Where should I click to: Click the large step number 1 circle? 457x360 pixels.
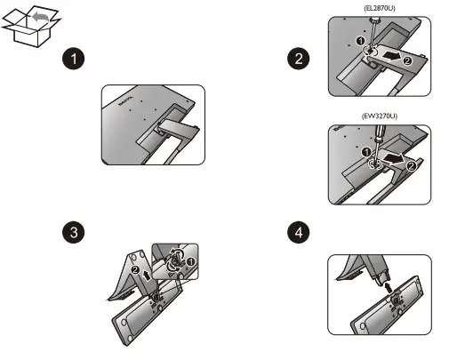click(x=74, y=59)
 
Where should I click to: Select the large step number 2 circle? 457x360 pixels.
click(x=299, y=59)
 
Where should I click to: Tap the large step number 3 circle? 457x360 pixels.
click(x=74, y=232)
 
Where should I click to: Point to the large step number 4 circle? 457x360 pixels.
click(x=299, y=232)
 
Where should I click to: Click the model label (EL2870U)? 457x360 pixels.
click(x=380, y=8)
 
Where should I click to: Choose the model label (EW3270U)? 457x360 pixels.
click(x=380, y=116)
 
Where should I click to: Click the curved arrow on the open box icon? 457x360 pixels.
click(x=41, y=17)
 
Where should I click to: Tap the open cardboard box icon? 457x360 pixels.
click(x=31, y=26)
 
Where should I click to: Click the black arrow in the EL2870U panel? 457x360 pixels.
click(x=391, y=56)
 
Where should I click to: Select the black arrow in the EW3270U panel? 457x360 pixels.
click(x=393, y=158)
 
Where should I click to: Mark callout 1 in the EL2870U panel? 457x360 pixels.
click(x=361, y=41)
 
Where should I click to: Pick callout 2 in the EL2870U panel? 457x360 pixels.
click(x=407, y=60)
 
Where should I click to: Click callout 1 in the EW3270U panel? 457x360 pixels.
click(x=366, y=152)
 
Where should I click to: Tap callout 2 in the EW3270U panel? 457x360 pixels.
click(x=411, y=166)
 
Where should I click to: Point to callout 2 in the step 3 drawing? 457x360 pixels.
click(x=135, y=270)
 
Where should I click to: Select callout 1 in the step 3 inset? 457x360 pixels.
click(x=190, y=261)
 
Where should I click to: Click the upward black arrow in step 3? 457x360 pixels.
click(x=146, y=275)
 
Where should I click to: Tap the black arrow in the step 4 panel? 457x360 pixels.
click(x=389, y=287)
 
